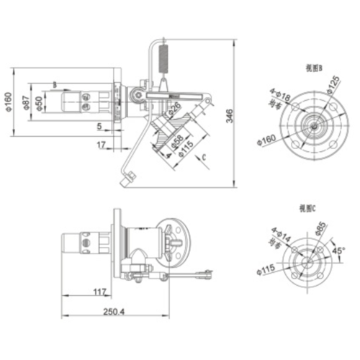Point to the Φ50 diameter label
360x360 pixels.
[x=39, y=102]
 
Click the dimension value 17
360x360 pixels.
[x=100, y=145]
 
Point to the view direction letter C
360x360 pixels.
[x=204, y=156]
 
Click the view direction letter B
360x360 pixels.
[x=54, y=84]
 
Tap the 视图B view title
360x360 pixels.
[x=312, y=68]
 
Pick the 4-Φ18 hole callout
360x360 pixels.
[x=278, y=96]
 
